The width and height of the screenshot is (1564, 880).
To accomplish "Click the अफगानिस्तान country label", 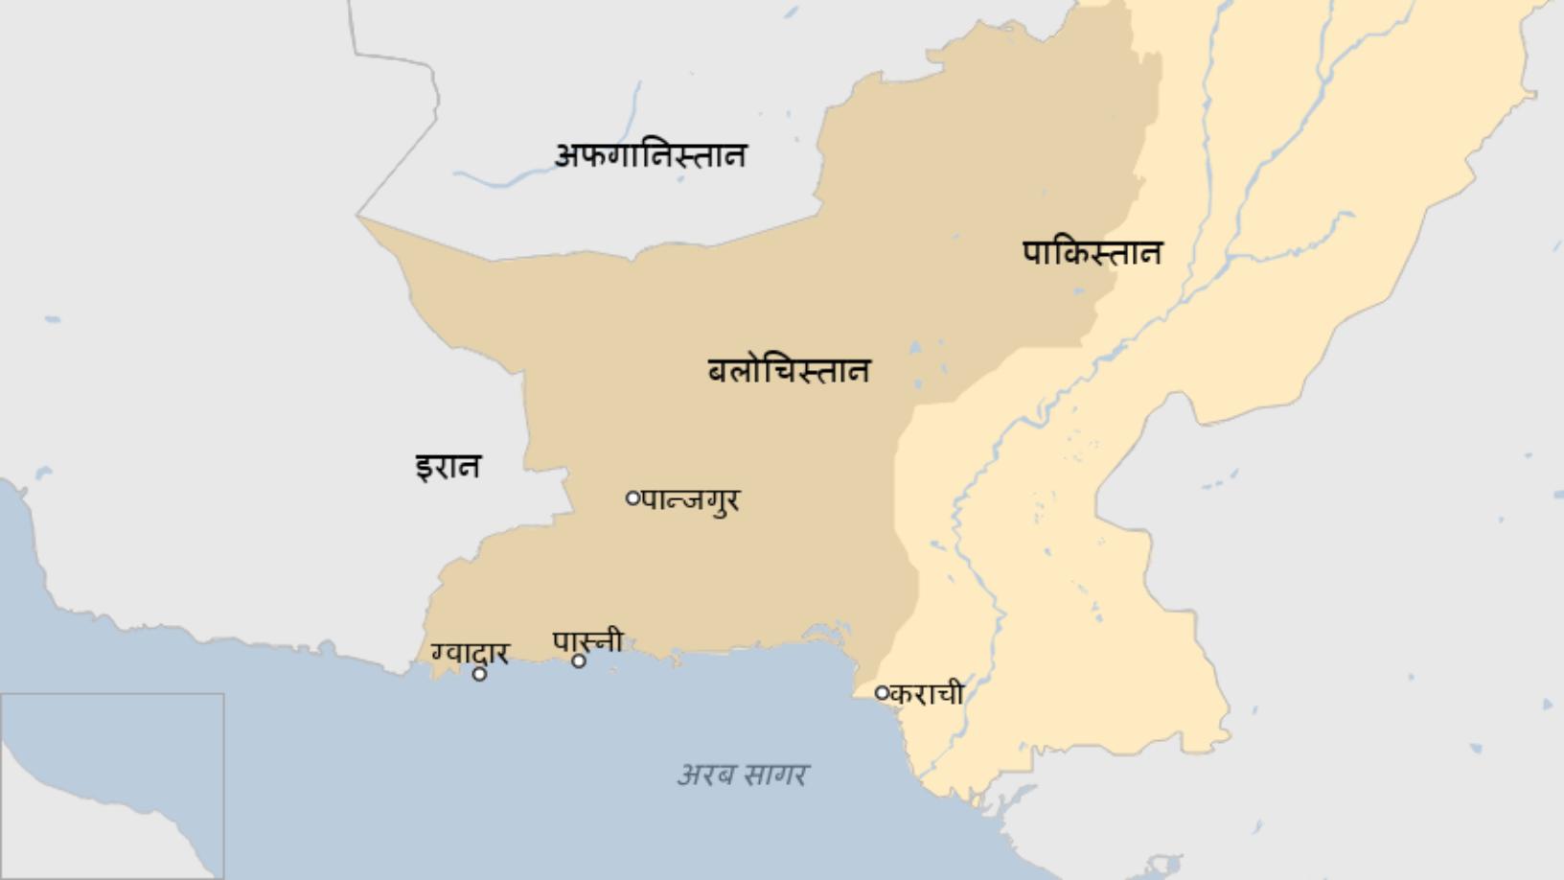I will click(x=651, y=155).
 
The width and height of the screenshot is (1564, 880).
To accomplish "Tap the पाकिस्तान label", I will click(x=1092, y=253).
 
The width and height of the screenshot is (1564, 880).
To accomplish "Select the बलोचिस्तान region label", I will click(x=789, y=371).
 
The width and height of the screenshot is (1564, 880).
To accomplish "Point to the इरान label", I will click(x=448, y=467).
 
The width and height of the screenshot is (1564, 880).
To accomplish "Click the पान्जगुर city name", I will click(x=691, y=500).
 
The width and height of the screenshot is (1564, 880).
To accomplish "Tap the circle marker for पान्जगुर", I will click(x=632, y=498).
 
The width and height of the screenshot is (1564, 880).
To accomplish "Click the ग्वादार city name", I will click(x=470, y=653).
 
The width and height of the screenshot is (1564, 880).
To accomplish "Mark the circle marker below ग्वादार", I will click(x=479, y=674).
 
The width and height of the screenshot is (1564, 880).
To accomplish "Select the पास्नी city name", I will click(x=588, y=641).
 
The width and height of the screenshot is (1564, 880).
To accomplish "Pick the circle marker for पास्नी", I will click(x=579, y=660).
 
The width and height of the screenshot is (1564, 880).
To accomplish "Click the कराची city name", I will click(x=926, y=693).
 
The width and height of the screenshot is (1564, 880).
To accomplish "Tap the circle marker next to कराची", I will click(x=882, y=692).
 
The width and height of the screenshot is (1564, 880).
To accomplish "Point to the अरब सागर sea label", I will click(x=743, y=774).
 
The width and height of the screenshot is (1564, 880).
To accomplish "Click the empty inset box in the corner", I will click(x=112, y=786).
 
